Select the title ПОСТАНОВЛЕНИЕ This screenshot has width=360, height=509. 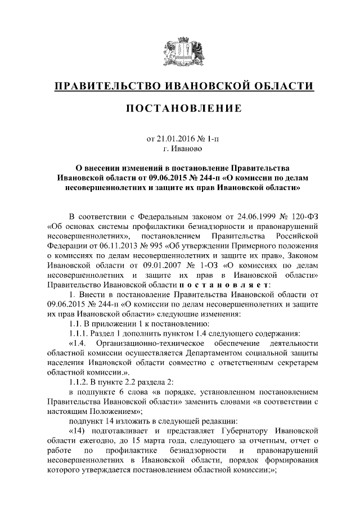179,108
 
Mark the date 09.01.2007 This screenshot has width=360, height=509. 166,265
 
